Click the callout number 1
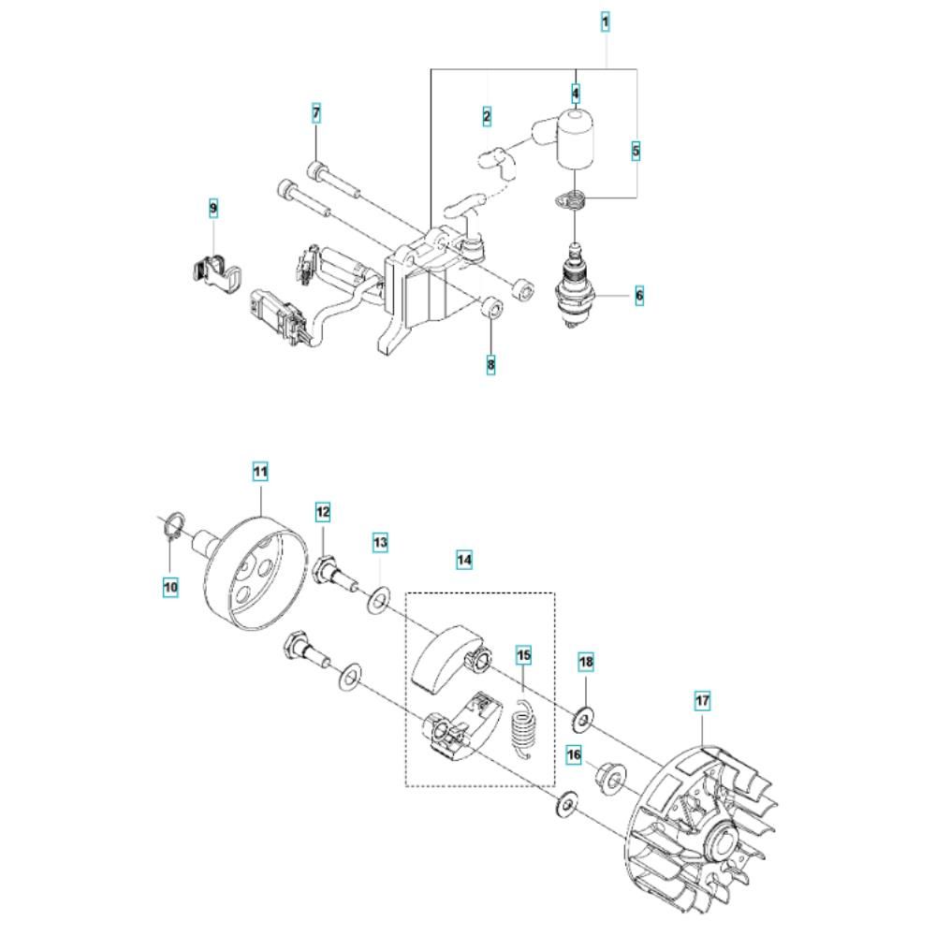coord(606,20)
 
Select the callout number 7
coord(316,113)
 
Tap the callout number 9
coord(213,207)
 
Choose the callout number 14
coord(464,560)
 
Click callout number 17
coord(701,699)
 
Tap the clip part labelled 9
coord(211,273)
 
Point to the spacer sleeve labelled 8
coord(490,308)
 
